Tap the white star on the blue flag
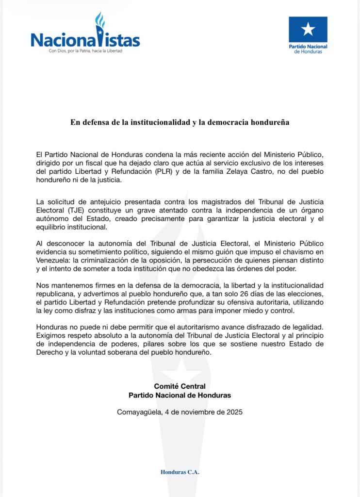(x=308, y=29)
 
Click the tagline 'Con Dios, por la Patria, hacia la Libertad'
(x=85, y=50)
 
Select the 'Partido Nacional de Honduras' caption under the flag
(x=308, y=49)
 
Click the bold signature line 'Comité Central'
(x=180, y=386)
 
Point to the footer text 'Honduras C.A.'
(x=180, y=472)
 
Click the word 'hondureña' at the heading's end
(x=270, y=122)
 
